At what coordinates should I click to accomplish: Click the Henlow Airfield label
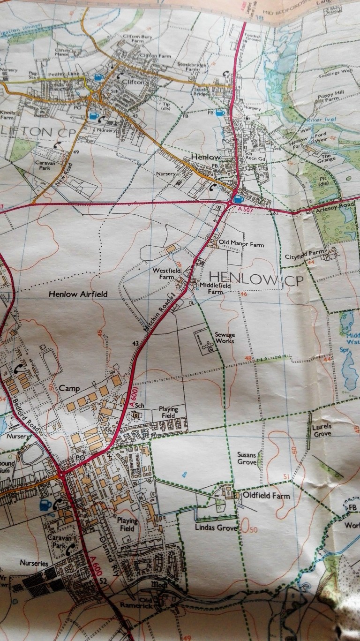click(78, 294)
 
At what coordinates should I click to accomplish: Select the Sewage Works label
click(225, 339)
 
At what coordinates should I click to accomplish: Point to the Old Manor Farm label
click(242, 244)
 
